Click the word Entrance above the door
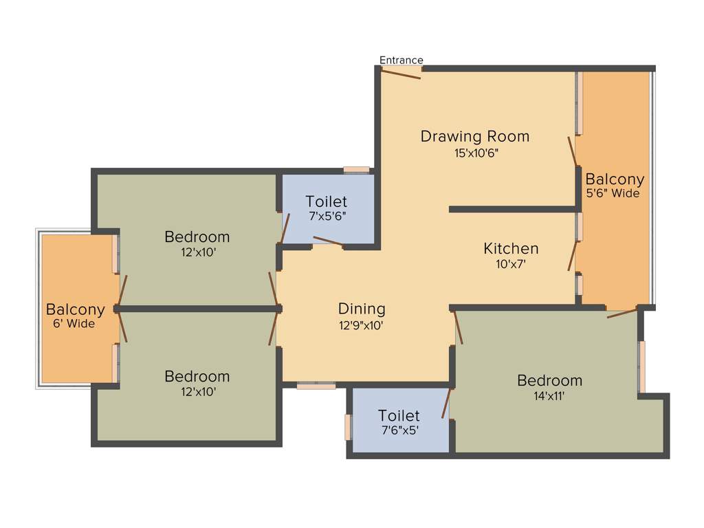pyautogui.click(x=401, y=60)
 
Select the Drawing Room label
pyautogui.click(x=475, y=136)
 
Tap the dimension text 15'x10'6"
pyautogui.click(x=475, y=153)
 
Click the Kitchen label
pyautogui.click(x=511, y=248)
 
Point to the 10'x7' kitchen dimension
pyautogui.click(x=511, y=263)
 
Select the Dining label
pyautogui.click(x=362, y=309)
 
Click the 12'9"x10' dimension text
pyautogui.click(x=362, y=325)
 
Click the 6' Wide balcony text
pyautogui.click(x=74, y=324)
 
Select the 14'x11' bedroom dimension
pyautogui.click(x=549, y=396)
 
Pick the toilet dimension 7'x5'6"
pyautogui.click(x=327, y=216)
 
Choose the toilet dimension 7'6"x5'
pyautogui.click(x=399, y=431)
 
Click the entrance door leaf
pyautogui.click(x=401, y=74)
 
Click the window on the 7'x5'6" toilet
pyautogui.click(x=357, y=169)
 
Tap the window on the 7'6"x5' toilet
pyautogui.click(x=348, y=427)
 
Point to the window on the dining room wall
pyautogui.click(x=316, y=386)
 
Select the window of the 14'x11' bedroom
pyautogui.click(x=642, y=366)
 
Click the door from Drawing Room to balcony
pyautogui.click(x=572, y=151)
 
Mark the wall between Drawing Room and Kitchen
pyautogui.click(x=512, y=209)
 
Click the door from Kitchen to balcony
pyautogui.click(x=572, y=255)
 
